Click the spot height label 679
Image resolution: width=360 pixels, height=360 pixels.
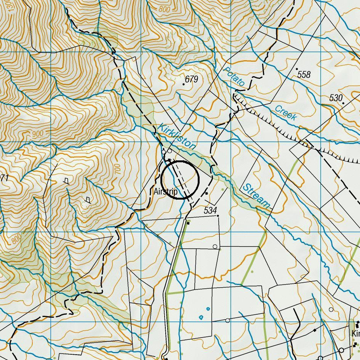pos(192,79)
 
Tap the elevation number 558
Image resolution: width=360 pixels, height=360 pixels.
pos(304,74)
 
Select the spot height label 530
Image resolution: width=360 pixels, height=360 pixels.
pos(336,98)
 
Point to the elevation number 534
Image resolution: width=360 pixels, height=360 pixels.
pos(210,210)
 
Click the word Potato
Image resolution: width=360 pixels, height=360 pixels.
pos(234,76)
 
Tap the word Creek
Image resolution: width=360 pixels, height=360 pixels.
pos(286,113)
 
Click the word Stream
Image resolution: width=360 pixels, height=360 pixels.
pos(256,196)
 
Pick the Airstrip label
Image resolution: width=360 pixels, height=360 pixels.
pos(166,192)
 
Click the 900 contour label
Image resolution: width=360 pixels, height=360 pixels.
pos(38,134)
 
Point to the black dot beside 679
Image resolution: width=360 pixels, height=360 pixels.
pos(184,84)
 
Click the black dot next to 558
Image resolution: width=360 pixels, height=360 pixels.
pos(297,69)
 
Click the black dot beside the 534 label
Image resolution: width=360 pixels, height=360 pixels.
pos(218,216)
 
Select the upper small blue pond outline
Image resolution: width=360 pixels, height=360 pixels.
pos(208,309)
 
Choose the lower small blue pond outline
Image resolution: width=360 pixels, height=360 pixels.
pos(201,317)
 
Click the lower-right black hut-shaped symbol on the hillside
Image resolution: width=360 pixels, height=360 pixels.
pos(88,200)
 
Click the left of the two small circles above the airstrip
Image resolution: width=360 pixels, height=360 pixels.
pos(164,152)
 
